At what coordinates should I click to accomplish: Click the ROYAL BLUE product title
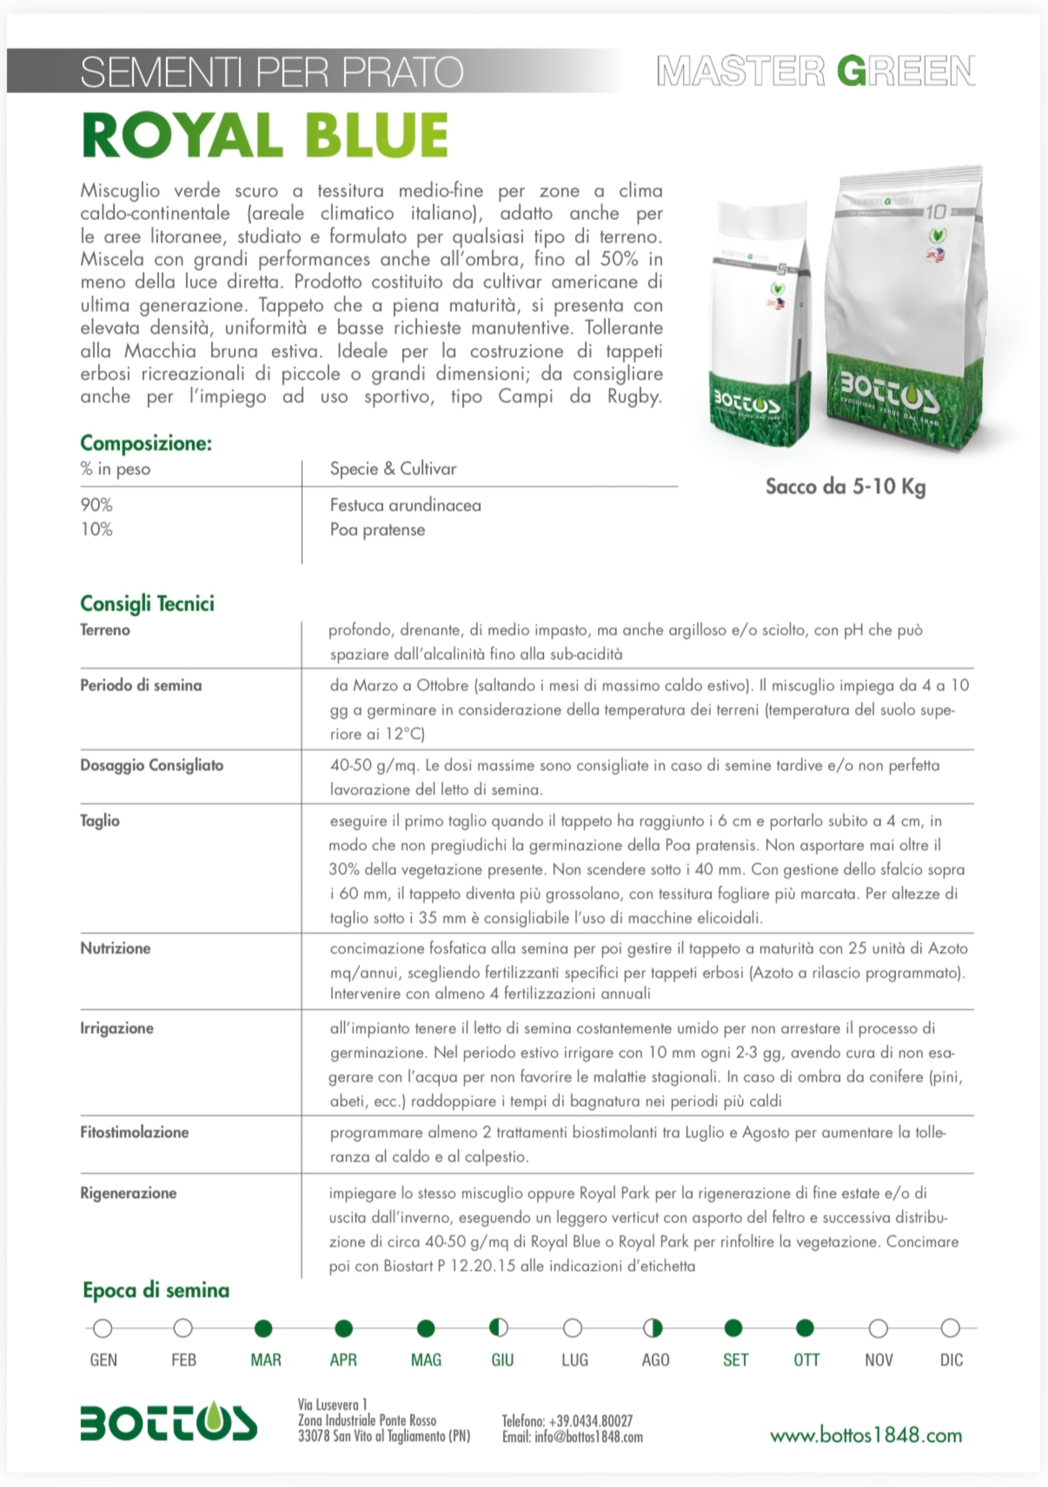click(265, 136)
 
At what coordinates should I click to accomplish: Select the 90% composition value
click(96, 505)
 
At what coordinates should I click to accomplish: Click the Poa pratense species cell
click(378, 530)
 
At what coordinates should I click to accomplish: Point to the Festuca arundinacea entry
click(405, 505)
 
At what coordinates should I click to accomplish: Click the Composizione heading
click(146, 443)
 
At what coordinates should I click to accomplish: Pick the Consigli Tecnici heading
click(147, 603)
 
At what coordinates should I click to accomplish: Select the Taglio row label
click(100, 821)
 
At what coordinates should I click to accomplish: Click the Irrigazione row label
click(117, 1028)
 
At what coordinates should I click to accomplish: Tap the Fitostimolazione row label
click(134, 1132)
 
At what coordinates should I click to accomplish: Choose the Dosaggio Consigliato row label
click(151, 765)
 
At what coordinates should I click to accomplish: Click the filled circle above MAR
click(264, 1328)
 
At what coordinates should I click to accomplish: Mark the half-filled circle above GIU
click(498, 1328)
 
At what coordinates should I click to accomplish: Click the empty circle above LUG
click(573, 1328)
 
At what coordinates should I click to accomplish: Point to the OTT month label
click(806, 1359)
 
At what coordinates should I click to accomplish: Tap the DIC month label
click(951, 1359)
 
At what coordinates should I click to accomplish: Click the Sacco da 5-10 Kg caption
click(846, 487)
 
